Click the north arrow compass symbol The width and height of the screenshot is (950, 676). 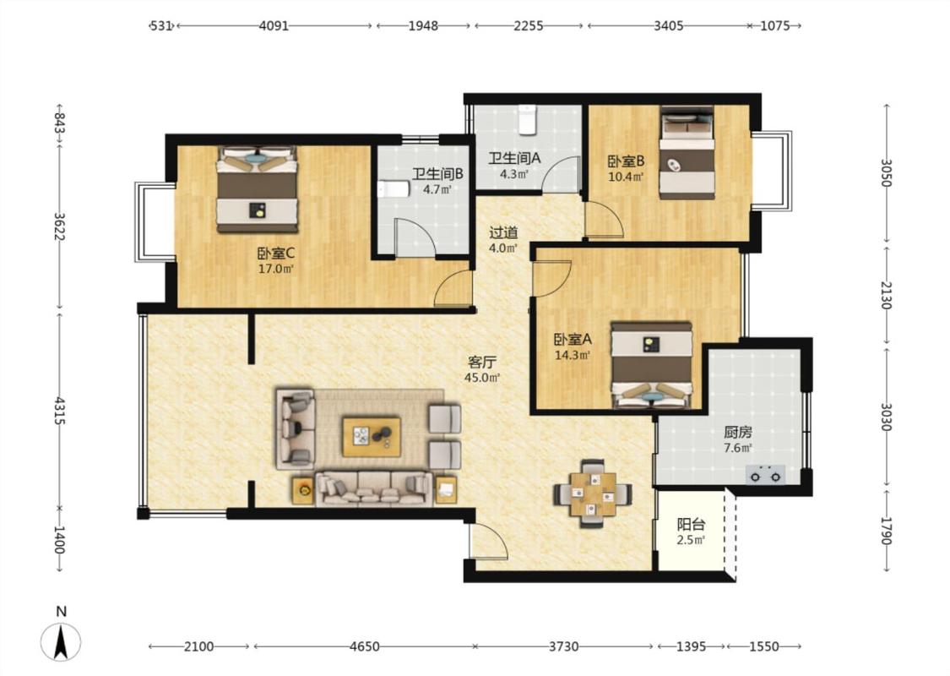pos(61,641)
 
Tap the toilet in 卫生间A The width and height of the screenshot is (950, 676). pos(528,119)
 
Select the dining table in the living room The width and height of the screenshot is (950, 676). pos(593,493)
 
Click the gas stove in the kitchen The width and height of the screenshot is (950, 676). pos(766,475)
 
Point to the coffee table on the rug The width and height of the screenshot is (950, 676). pos(372,436)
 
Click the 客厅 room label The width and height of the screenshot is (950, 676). pos(482,363)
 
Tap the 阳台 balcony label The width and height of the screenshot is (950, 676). pos(691,525)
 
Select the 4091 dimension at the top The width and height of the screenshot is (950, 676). pos(274,25)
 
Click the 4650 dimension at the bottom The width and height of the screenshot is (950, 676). pos(365,646)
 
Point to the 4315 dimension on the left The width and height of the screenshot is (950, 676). pos(60,411)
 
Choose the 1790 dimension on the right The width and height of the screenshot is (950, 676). pos(886,531)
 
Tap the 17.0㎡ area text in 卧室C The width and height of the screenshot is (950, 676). pos(275,269)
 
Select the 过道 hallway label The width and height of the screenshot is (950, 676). pos(503,232)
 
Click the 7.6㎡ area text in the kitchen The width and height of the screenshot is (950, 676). pos(738,448)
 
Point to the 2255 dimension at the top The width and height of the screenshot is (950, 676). pos(529,25)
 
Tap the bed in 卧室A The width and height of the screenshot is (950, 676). pos(651,364)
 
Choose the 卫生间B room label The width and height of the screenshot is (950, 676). pos(438,174)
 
